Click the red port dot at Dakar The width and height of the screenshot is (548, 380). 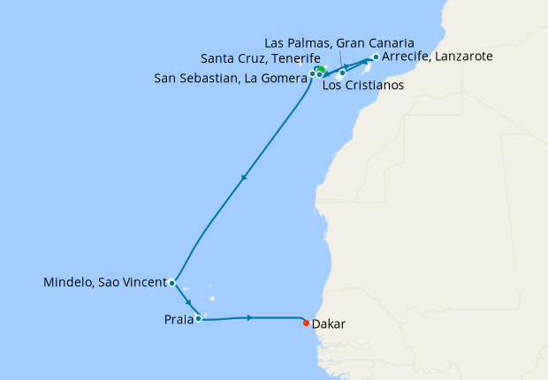[x=307, y=322]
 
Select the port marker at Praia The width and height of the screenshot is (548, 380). [x=199, y=318]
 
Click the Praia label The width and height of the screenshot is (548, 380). [x=179, y=318]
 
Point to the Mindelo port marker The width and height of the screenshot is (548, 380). [x=171, y=284]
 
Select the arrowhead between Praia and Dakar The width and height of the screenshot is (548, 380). [x=251, y=317]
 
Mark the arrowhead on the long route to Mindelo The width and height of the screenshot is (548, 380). [x=244, y=179]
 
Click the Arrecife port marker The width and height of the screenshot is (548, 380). [x=376, y=57]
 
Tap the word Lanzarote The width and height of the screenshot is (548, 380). [x=460, y=57]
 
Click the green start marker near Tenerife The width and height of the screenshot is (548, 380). [x=320, y=70]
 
